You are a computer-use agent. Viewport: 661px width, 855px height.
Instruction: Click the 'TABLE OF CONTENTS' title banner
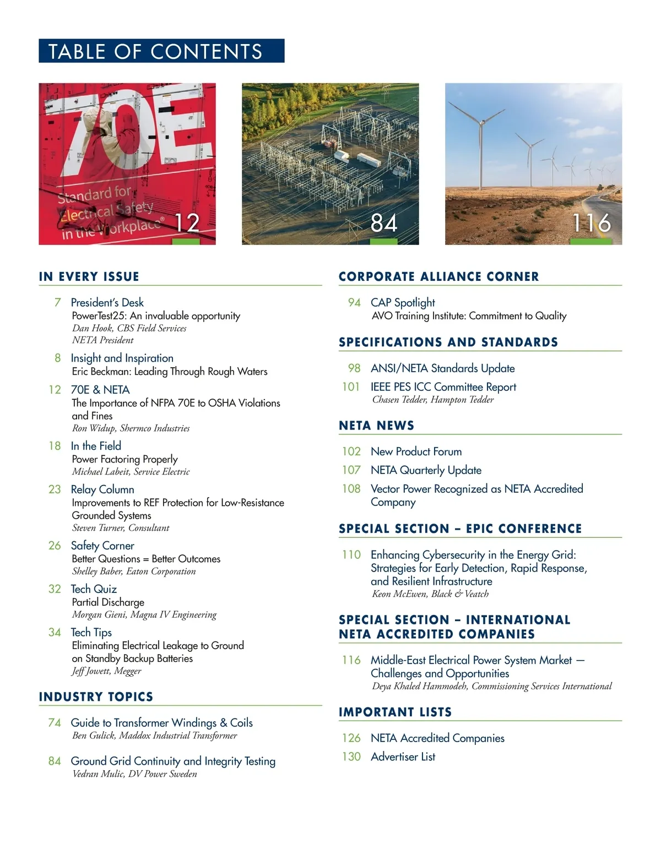coord(161,51)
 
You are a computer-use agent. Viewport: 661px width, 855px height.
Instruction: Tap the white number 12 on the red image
coord(187,223)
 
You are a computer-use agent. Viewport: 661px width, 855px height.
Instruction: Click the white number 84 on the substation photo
coord(384,223)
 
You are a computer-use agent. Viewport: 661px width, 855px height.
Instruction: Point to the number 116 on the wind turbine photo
coord(591,223)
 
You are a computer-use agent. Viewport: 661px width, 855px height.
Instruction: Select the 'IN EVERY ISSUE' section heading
coord(89,276)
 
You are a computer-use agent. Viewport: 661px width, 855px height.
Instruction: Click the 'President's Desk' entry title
coord(107,302)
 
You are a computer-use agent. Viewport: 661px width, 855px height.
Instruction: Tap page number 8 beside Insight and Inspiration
coord(57,358)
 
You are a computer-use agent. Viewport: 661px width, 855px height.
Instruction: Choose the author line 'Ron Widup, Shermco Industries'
coord(131,428)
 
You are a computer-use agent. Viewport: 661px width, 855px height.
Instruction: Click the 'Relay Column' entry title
coord(102,489)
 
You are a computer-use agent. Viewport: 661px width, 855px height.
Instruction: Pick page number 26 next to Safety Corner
coord(55,546)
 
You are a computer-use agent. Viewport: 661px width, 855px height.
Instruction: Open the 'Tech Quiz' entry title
coord(94,589)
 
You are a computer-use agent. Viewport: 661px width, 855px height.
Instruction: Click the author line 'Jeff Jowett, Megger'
coord(106,671)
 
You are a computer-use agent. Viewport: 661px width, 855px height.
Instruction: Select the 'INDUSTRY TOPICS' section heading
coord(96,696)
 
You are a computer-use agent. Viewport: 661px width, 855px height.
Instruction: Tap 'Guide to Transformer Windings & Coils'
coord(161,722)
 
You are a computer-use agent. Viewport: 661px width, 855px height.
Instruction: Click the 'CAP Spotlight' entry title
coord(403,302)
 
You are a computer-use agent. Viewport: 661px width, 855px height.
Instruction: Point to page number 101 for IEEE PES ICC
coord(351,387)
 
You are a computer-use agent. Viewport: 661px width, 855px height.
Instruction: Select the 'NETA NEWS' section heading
coord(376,426)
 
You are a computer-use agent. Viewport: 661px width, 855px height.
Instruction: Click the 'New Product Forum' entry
coord(416,451)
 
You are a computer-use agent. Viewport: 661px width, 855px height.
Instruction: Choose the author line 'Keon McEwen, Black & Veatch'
coord(430,593)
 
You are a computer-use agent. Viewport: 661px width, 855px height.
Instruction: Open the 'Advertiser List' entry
coord(403,756)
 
